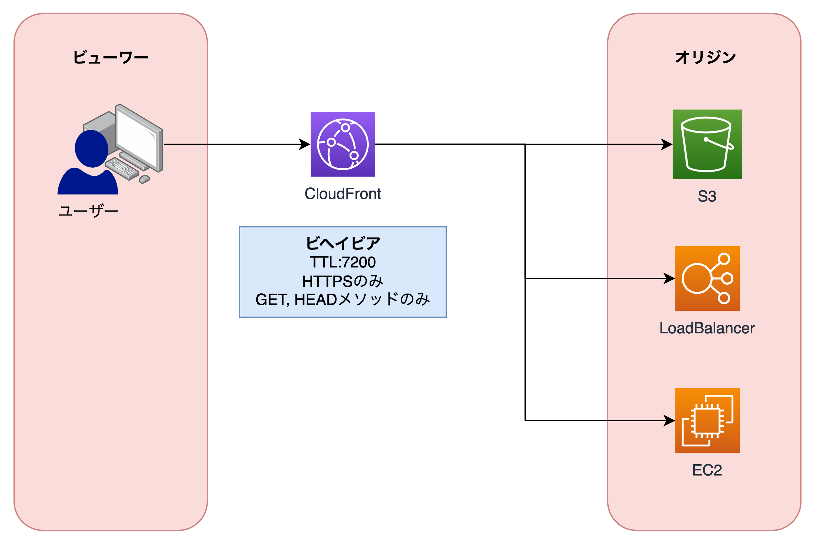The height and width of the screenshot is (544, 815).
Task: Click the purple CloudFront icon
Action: pyautogui.click(x=343, y=144)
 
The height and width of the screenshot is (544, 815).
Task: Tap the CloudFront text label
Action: pyautogui.click(x=343, y=194)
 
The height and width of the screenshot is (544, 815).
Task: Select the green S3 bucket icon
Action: pyautogui.click(x=707, y=144)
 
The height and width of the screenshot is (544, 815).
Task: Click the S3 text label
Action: pyautogui.click(x=707, y=196)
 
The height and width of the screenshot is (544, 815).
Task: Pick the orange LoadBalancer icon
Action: pyautogui.click(x=707, y=278)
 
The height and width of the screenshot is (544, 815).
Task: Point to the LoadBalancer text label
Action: pyautogui.click(x=707, y=328)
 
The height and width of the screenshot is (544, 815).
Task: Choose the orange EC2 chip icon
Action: pyautogui.click(x=707, y=421)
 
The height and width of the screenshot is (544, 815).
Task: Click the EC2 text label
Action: pyautogui.click(x=707, y=470)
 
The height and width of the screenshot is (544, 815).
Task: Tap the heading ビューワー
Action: pyautogui.click(x=111, y=57)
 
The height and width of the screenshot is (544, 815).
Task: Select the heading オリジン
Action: pyautogui.click(x=706, y=57)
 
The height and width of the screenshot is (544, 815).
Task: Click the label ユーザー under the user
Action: pyautogui.click(x=88, y=211)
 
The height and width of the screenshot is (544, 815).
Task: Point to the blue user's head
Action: pyautogui.click(x=92, y=149)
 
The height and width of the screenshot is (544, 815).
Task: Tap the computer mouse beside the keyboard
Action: pyautogui.click(x=144, y=179)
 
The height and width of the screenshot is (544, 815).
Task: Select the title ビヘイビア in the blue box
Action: pyautogui.click(x=343, y=243)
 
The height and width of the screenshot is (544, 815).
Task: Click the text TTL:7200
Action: pyautogui.click(x=343, y=262)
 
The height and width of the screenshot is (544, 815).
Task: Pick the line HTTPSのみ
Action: pyautogui.click(x=343, y=281)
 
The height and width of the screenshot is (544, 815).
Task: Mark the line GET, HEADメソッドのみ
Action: pyautogui.click(x=343, y=299)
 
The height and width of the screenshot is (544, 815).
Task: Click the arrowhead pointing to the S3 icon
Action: pyautogui.click(x=666, y=144)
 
